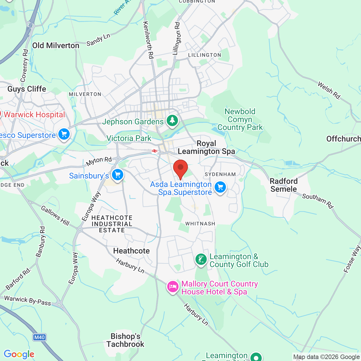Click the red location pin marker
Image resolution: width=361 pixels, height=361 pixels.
[x=180, y=168]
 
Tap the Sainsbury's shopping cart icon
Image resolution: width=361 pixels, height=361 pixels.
[x=118, y=175]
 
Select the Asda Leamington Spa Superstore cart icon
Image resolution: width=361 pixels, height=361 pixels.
[x=220, y=187]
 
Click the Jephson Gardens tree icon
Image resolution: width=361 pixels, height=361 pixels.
[x=172, y=121]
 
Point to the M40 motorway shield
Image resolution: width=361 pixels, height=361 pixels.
[x=39, y=337]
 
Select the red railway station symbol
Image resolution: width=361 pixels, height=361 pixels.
[x=154, y=151]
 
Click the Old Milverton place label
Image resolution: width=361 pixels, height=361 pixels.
[x=56, y=46]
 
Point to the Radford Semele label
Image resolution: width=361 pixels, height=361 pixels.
[x=284, y=185]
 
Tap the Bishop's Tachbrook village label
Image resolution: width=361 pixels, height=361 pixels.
[x=126, y=340]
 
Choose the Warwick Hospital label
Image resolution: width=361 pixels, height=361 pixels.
[x=34, y=115]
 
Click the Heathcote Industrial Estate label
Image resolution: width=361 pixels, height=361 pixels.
[x=112, y=224]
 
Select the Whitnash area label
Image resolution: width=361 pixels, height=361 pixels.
[x=200, y=224]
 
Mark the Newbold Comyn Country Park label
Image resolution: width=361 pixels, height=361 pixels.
[x=240, y=120]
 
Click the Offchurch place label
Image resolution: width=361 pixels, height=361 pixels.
[x=344, y=139]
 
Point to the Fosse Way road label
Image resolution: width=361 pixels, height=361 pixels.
[x=352, y=259]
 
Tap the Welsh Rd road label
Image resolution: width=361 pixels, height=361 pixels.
[x=329, y=91]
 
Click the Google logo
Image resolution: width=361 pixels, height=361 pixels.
[x=19, y=354]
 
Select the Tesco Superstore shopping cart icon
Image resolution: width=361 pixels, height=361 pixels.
[x=64, y=134]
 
